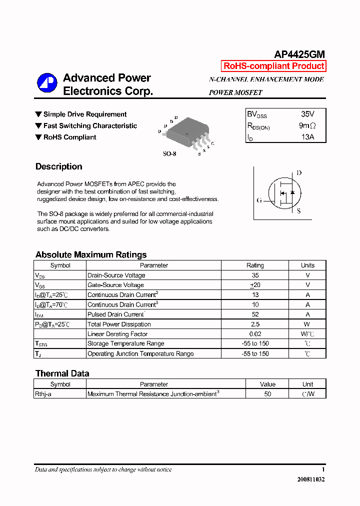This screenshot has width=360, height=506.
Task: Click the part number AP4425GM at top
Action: [x=299, y=54]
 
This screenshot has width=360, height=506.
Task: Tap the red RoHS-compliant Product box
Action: [x=273, y=66]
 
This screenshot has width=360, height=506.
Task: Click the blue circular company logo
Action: [x=47, y=83]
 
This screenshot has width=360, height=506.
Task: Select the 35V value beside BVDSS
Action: [x=307, y=114]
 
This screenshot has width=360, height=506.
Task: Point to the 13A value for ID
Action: [x=307, y=137]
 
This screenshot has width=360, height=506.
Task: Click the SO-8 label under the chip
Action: [x=169, y=154]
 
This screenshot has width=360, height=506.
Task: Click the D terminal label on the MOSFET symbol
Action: [x=299, y=173]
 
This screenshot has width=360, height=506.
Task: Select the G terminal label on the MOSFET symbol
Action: [x=259, y=200]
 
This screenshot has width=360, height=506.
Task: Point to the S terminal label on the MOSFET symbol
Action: [x=299, y=211]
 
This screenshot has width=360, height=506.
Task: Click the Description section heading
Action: [x=59, y=167]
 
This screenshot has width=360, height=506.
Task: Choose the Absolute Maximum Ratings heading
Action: [x=91, y=254]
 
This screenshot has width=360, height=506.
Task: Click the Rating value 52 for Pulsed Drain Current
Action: [x=255, y=314]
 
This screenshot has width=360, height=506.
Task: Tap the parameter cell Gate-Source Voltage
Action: [x=115, y=285]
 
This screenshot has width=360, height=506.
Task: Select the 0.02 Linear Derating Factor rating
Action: [x=255, y=334]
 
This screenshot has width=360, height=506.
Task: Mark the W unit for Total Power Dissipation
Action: [x=307, y=324]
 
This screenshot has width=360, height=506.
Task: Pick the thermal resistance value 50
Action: [x=267, y=394]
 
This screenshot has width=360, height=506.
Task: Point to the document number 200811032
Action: [x=310, y=479]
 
